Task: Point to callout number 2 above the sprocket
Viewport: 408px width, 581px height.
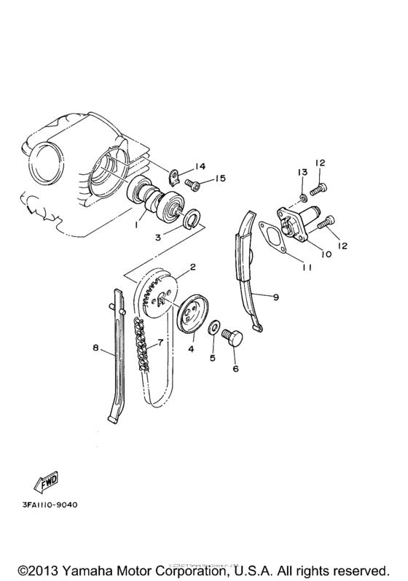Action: click(x=192, y=268)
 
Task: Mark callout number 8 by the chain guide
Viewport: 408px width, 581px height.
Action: click(x=95, y=349)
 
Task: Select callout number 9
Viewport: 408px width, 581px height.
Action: click(x=277, y=297)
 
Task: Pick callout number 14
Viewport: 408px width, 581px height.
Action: click(x=200, y=168)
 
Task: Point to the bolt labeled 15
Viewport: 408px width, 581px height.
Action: click(x=195, y=184)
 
